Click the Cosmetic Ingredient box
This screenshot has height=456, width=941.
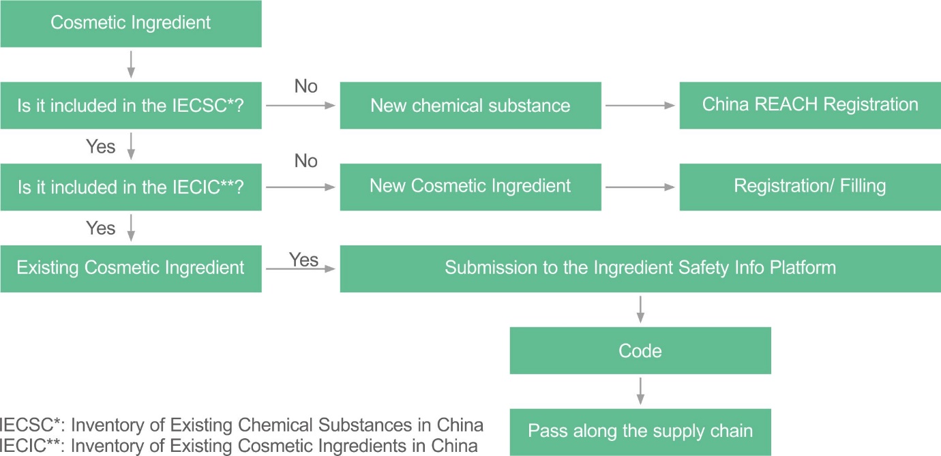coord(130,23)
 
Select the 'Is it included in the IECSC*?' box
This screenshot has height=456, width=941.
coord(130,105)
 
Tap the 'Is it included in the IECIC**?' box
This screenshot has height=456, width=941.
coord(130,186)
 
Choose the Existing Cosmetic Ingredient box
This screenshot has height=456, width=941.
coord(130,268)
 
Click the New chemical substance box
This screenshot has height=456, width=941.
coord(470,105)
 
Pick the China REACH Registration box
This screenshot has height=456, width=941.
coord(810,105)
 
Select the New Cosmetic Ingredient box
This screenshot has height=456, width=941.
coord(470,186)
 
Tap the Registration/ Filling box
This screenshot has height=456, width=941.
coord(810,186)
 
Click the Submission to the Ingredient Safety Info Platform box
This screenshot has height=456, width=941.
coord(640,268)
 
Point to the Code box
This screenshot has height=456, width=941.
coord(640,350)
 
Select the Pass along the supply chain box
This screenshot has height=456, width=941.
coord(640,431)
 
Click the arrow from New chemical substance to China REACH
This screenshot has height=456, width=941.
coord(640,106)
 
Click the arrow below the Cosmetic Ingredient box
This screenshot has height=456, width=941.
coord(131,64)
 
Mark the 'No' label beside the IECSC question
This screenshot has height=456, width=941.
coord(306,87)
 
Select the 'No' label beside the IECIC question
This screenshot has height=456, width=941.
coord(306,162)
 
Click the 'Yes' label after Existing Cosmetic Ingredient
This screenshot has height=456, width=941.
coord(303,260)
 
